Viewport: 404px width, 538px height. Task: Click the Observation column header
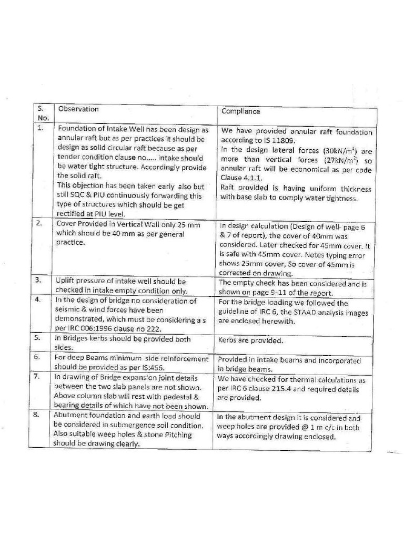pyautogui.click(x=78, y=109)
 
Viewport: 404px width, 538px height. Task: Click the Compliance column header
pyautogui.click(x=240, y=111)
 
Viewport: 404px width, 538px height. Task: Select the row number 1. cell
pyautogui.click(x=40, y=128)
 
